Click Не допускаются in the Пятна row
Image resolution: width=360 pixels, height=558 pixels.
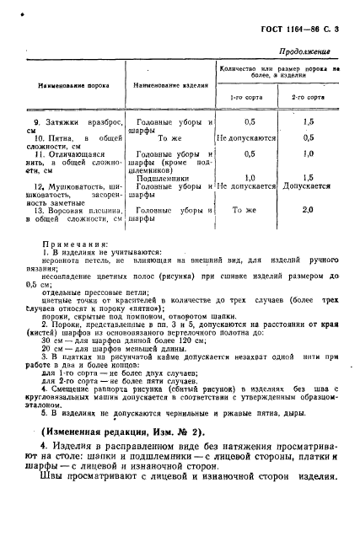point(246,137)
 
